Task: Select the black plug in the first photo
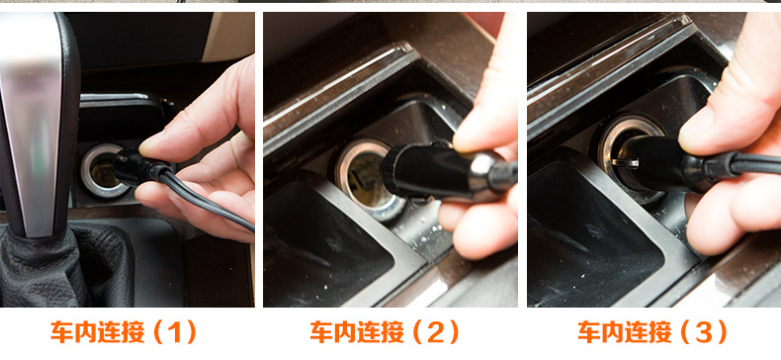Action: tap(137, 167)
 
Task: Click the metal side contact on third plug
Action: tap(626, 162)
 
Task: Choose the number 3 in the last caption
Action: tap(704, 332)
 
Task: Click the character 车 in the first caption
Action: tap(61, 332)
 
